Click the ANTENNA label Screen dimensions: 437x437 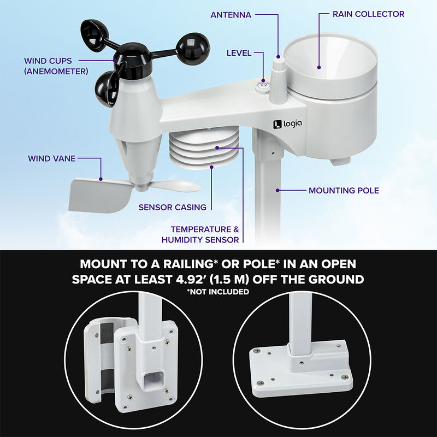point(231,15)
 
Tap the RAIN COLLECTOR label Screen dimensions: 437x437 point(369,14)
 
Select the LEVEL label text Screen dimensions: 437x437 point(239,53)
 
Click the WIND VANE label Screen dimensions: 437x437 point(52,159)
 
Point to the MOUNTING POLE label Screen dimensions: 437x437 point(344,191)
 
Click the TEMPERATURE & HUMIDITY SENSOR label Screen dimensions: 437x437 point(200,234)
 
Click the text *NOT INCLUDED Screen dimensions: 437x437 point(218,292)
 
